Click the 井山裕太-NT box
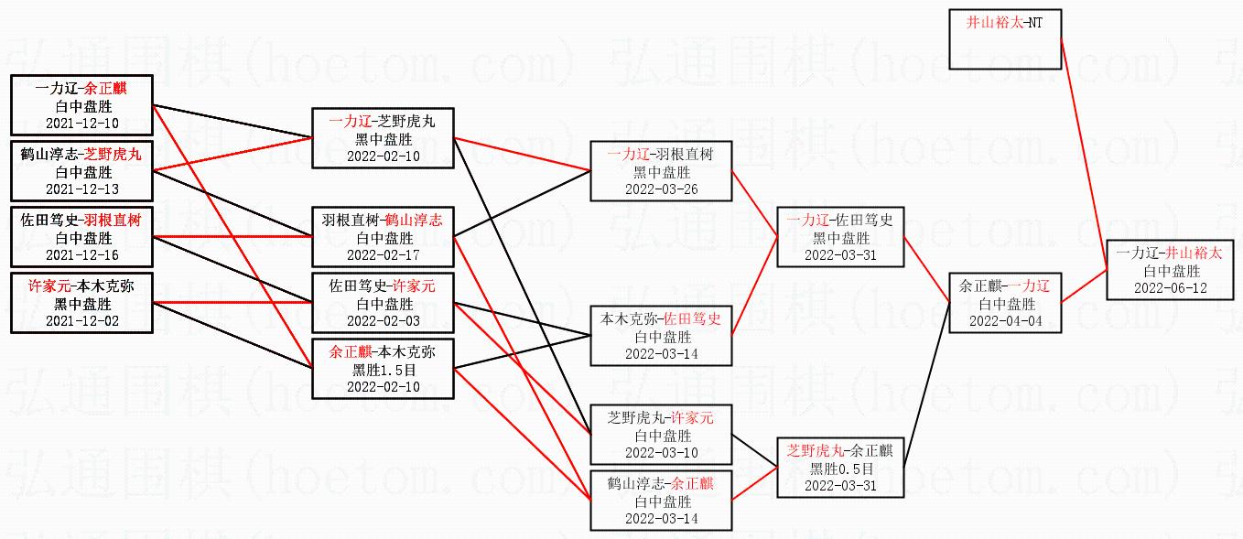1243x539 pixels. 1004,39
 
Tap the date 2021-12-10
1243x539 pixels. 81,124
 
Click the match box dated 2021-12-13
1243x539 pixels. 81,171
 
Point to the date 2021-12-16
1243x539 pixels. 81,254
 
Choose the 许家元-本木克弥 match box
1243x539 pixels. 81,303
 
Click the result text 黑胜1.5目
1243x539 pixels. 383,369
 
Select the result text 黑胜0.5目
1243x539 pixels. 840,469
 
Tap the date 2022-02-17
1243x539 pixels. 383,254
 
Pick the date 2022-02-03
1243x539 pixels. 383,321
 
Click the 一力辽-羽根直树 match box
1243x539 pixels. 661,171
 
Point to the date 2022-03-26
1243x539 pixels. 661,189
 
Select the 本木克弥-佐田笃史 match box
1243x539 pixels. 661,336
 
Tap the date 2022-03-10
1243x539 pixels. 661,453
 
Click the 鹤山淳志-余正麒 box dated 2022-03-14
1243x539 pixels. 661,501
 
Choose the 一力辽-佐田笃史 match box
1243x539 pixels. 840,237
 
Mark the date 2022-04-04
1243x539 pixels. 1006,321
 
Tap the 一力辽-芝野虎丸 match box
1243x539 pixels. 383,137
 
